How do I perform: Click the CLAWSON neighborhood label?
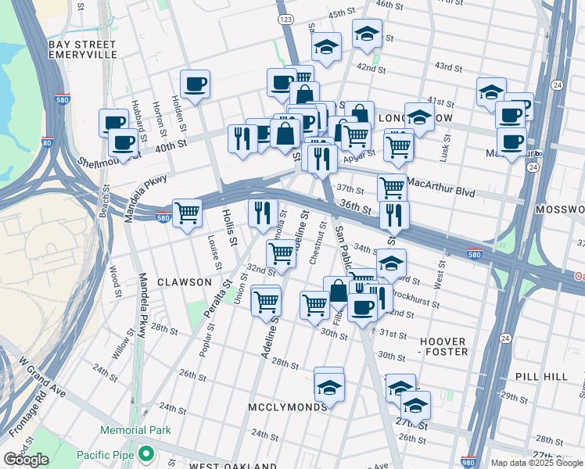(184, 281)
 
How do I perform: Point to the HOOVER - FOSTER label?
(443, 347)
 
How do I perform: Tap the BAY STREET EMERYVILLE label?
(82, 50)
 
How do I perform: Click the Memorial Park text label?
(135, 431)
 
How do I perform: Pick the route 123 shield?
(285, 17)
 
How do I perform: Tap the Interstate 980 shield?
(468, 462)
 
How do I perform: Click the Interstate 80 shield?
(48, 143)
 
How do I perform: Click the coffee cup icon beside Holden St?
(195, 83)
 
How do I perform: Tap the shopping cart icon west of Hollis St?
(187, 212)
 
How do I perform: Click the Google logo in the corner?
(26, 460)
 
